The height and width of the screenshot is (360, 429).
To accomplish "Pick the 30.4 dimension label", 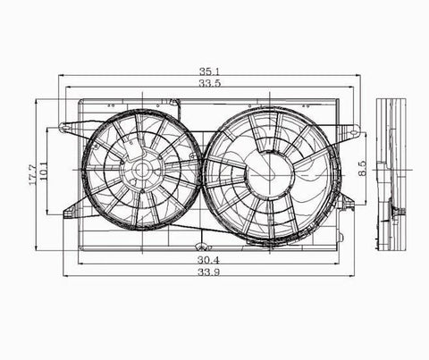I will pyautogui.click(x=209, y=260).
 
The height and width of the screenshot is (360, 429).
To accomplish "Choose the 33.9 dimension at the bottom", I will pyautogui.click(x=209, y=273).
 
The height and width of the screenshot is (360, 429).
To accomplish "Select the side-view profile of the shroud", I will pyautogui.click(x=390, y=174).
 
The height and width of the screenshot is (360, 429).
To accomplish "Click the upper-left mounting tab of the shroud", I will pyautogui.click(x=67, y=129).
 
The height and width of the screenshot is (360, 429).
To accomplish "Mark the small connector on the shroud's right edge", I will pyautogui.click(x=348, y=204).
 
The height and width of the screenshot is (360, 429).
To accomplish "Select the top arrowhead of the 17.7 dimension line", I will pyautogui.click(x=36, y=101).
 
